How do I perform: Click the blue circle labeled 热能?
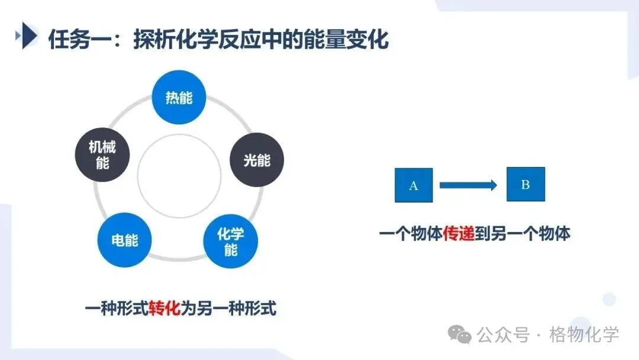(179, 97)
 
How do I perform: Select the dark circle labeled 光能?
(257, 160)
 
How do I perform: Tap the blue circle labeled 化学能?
(231, 242)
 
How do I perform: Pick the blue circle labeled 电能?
(125, 240)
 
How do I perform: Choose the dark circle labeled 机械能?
(102, 155)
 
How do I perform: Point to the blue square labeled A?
(414, 185)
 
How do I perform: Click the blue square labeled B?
(525, 184)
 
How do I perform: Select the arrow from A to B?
(467, 185)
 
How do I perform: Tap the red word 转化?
(164, 308)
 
